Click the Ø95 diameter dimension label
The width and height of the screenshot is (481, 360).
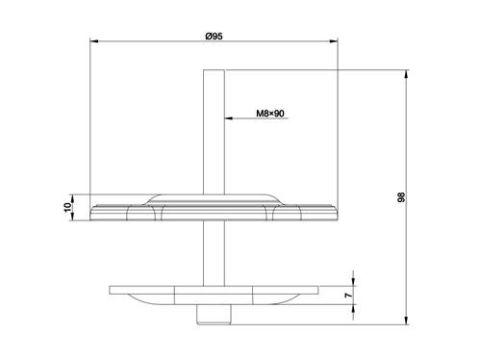[215, 36]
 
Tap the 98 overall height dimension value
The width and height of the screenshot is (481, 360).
[401, 197]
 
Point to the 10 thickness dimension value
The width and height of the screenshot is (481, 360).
[70, 207]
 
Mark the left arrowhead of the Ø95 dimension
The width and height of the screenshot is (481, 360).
[92, 42]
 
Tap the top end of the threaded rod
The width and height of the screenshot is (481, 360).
[215, 72]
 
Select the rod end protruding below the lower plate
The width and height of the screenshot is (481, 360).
[214, 315]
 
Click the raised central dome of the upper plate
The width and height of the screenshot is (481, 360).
[214, 198]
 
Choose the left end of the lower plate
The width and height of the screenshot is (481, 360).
[112, 290]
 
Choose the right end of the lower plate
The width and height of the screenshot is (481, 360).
[317, 290]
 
